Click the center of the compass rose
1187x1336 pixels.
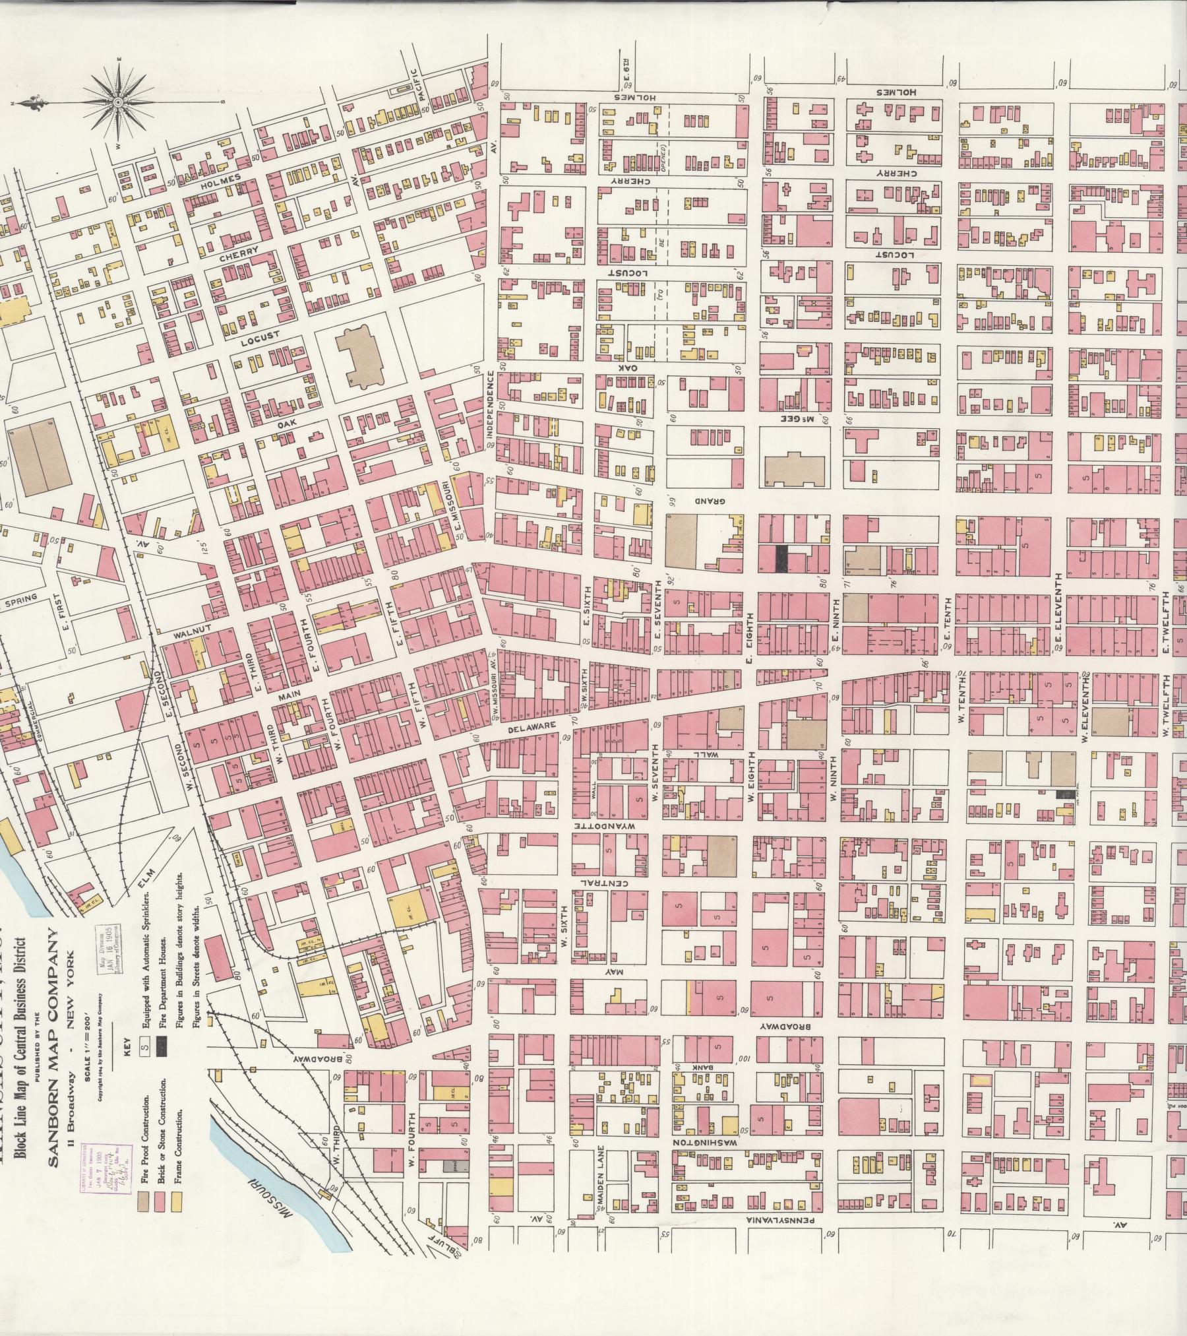point(118,103)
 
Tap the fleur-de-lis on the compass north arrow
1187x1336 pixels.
point(25,104)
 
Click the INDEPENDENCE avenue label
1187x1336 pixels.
point(490,404)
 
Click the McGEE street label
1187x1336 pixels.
point(791,420)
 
